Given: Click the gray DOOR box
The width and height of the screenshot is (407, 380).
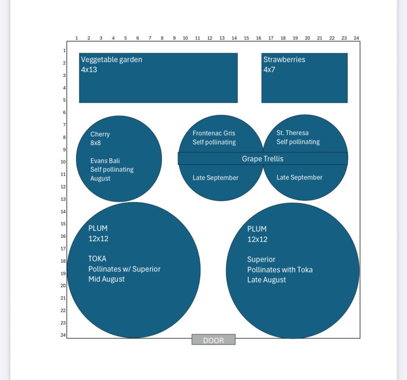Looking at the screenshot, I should (x=214, y=340).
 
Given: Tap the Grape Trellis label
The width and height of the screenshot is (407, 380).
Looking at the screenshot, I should (x=263, y=159).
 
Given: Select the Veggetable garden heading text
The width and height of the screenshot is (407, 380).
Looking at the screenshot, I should (x=112, y=59).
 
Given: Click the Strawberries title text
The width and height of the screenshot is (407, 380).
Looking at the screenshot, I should (x=284, y=59).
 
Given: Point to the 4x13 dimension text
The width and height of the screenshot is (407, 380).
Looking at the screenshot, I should (x=89, y=69).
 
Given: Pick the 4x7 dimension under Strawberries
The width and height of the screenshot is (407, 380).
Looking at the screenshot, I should (x=269, y=69).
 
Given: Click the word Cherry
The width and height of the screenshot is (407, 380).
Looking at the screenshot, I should (x=100, y=134).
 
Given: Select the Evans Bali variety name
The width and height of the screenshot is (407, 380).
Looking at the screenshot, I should (x=105, y=161).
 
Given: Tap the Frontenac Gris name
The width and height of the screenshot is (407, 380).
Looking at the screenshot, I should (x=214, y=133).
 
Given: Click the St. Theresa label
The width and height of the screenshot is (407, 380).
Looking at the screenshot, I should (x=292, y=133).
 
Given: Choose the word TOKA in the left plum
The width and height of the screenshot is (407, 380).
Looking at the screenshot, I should (x=97, y=259).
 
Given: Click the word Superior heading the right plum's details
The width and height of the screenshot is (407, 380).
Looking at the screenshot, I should (x=261, y=259).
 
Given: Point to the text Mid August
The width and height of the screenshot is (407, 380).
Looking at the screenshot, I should (x=106, y=279).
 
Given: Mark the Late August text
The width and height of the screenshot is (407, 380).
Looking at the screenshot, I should (x=266, y=280).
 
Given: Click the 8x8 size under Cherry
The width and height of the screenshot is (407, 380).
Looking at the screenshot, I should (x=96, y=143).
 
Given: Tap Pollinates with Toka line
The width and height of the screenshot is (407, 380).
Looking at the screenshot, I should (x=280, y=270).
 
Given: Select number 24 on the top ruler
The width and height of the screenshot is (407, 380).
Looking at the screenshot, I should (x=356, y=38).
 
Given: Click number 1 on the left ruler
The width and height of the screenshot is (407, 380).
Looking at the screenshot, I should (x=64, y=50).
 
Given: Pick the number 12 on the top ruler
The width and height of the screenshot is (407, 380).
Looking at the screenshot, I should (x=210, y=38).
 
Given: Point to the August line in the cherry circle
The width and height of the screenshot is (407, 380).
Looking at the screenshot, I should (x=100, y=178).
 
